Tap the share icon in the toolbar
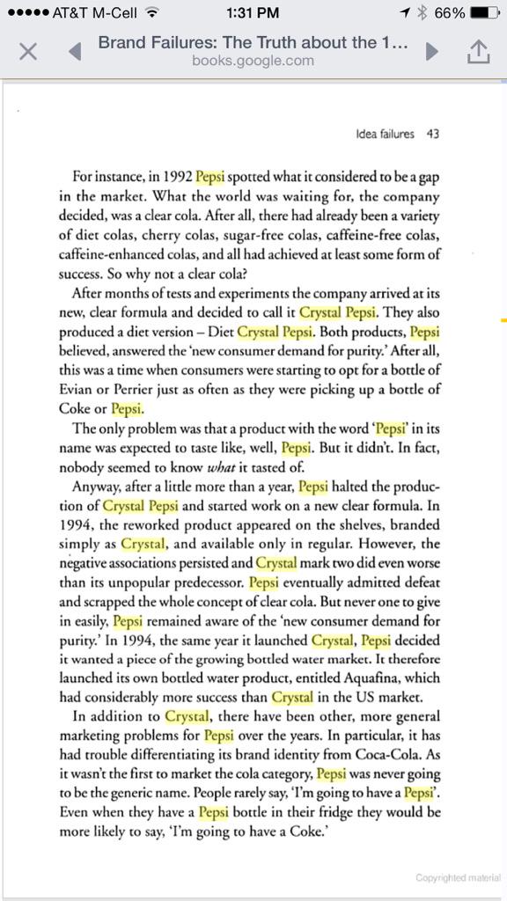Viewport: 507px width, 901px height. click(476, 51)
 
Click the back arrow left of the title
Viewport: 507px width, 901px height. click(75, 51)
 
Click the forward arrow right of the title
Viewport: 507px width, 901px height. click(431, 51)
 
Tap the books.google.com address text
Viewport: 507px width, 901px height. click(253, 60)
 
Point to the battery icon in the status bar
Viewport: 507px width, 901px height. click(484, 12)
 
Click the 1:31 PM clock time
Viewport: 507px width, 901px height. click(253, 12)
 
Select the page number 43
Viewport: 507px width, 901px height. click(432, 134)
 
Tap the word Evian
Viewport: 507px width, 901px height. click(77, 388)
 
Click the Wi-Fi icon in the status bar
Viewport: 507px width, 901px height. click(151, 12)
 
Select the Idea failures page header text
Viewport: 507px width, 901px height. click(385, 134)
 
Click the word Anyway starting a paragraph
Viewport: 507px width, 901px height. click(97, 486)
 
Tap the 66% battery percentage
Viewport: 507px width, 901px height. click(449, 12)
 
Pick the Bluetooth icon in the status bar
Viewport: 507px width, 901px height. click(422, 12)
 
